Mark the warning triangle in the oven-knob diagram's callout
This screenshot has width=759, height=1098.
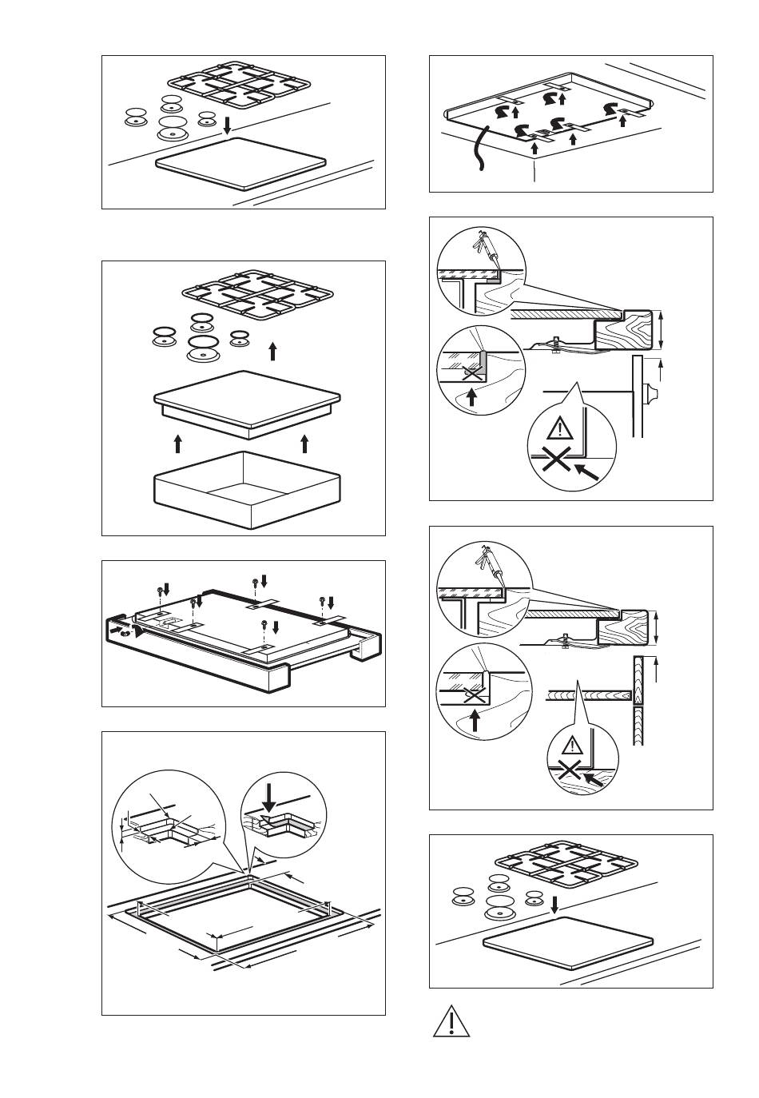click(x=562, y=429)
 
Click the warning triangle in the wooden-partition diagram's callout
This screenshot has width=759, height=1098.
click(x=573, y=746)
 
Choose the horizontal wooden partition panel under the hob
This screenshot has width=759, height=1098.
click(x=587, y=695)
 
